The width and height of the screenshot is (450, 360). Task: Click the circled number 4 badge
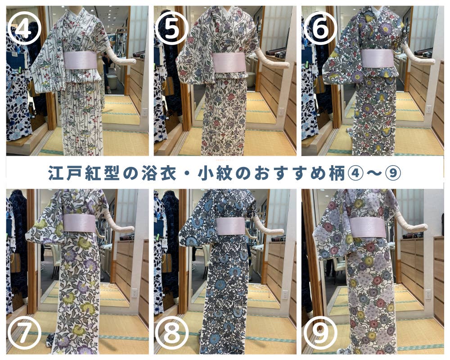pyautogui.click(x=24, y=29)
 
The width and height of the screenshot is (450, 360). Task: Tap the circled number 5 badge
pyautogui.click(x=172, y=29)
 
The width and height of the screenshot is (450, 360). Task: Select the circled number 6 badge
pyautogui.click(x=320, y=29)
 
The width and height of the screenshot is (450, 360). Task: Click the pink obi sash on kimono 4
pyautogui.click(x=81, y=60)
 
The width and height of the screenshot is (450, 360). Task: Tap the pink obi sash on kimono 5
pyautogui.click(x=229, y=62)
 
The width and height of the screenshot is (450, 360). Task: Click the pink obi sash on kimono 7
pyautogui.click(x=79, y=223)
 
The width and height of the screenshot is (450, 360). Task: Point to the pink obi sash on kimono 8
pyautogui.click(x=231, y=226)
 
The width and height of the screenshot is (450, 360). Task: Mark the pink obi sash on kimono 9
pyautogui.click(x=368, y=227)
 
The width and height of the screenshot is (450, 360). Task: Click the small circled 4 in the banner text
pyautogui.click(x=354, y=173)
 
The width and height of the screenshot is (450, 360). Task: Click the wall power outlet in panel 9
pyautogui.click(x=428, y=294)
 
